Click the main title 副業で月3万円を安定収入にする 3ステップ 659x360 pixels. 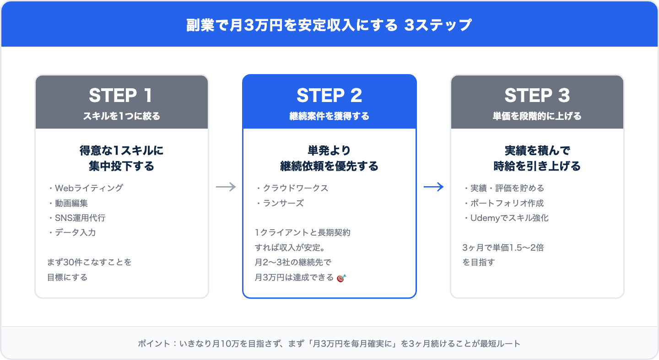[329, 25]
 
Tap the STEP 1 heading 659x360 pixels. [121, 96]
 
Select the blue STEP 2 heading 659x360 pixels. [329, 96]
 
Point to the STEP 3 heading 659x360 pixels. [537, 96]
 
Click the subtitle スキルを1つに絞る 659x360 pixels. [121, 116]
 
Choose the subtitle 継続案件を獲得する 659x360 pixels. [329, 116]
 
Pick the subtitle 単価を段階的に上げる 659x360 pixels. [537, 116]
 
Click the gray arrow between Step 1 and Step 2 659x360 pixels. [226, 187]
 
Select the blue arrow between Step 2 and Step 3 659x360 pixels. [433, 187]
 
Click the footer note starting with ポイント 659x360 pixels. [329, 344]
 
